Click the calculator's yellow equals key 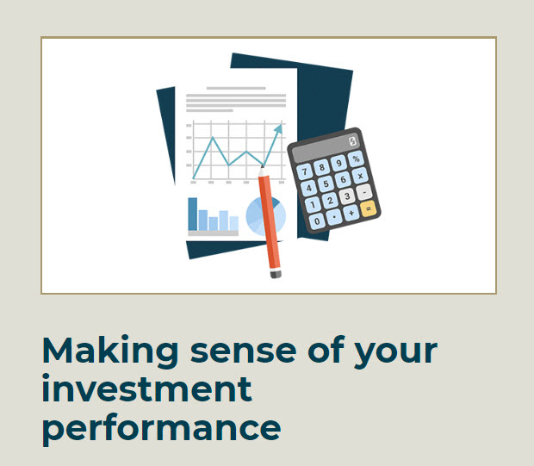[x=368, y=208]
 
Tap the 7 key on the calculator [x=304, y=171]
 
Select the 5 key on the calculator [x=326, y=183]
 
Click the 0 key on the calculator [x=317, y=221]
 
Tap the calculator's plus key [x=351, y=213]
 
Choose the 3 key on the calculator [x=347, y=196]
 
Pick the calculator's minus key [x=363, y=192]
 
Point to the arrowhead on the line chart [x=279, y=128]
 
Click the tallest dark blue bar [x=193, y=214]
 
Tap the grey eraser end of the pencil [x=276, y=273]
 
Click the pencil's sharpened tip [x=262, y=166]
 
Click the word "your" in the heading [x=395, y=354]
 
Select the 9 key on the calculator [x=338, y=163]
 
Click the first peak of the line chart [x=213, y=138]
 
